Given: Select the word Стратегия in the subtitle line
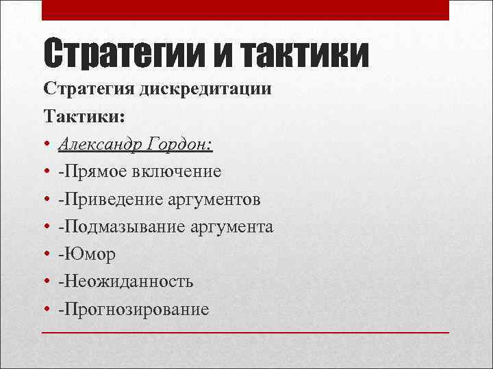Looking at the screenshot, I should pos(88,89).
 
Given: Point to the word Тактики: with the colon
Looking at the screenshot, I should pos(84,116).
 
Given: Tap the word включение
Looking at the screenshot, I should pos(180,172).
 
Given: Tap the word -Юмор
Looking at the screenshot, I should pos(87,254).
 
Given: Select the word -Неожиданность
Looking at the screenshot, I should pos(126,282).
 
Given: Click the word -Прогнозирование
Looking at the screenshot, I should pos(134,309).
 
